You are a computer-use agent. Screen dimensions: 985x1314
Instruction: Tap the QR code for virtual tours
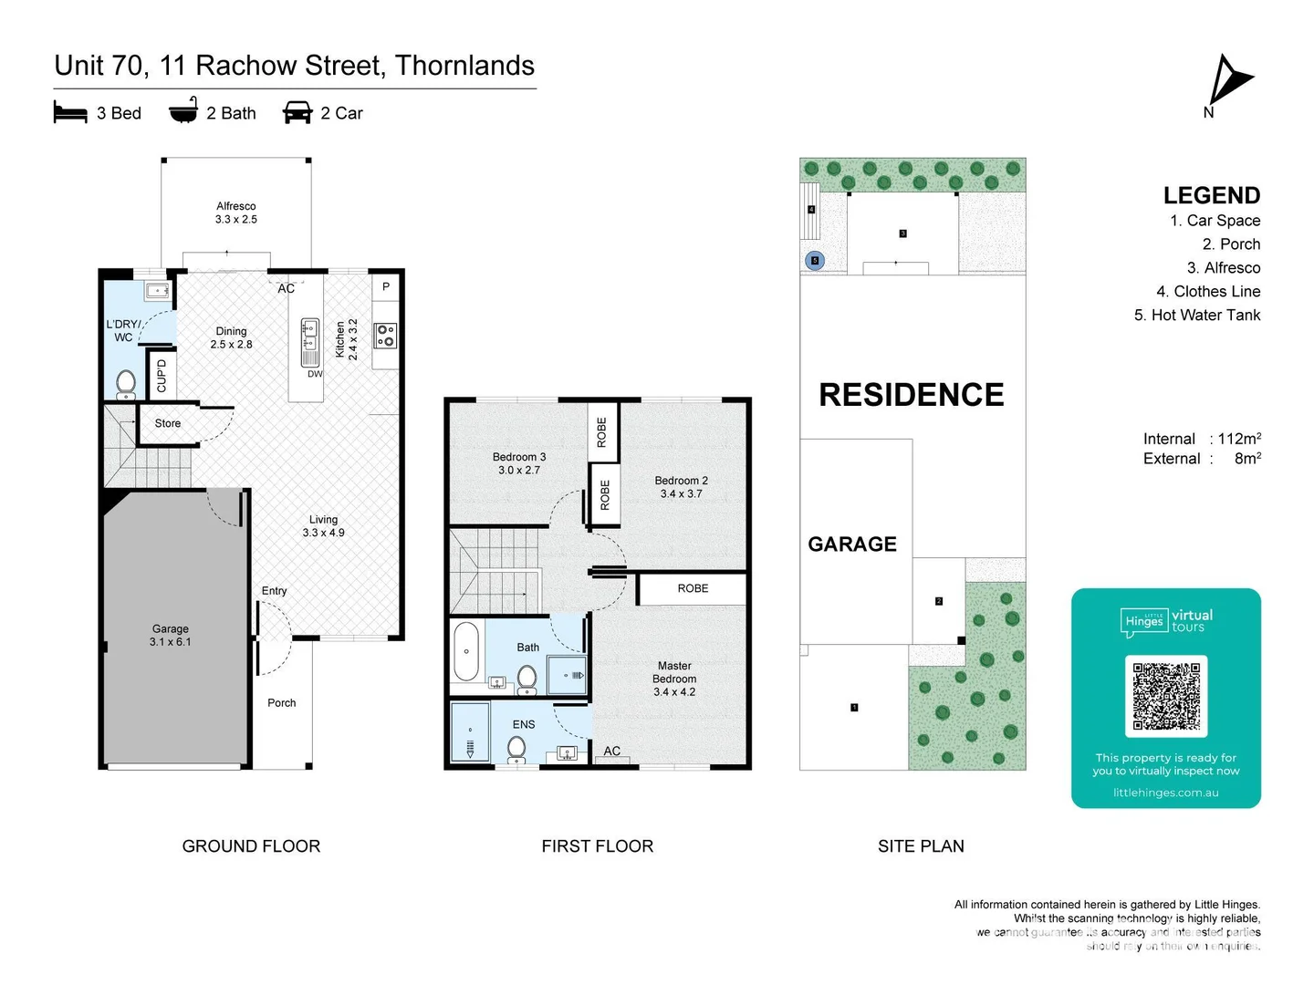[x=1166, y=696]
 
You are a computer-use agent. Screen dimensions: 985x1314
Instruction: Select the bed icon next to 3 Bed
[x=70, y=112]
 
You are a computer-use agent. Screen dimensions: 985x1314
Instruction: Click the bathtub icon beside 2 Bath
[x=183, y=110]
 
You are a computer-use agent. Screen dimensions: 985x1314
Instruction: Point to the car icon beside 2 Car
[x=297, y=112]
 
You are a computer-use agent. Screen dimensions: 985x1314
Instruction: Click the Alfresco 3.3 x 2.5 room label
[x=236, y=213]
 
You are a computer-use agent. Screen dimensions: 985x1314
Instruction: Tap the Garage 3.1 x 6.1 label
[x=171, y=635]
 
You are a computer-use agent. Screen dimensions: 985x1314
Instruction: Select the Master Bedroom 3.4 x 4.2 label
[x=674, y=679]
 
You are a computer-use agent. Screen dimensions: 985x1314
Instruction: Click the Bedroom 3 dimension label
[x=519, y=463]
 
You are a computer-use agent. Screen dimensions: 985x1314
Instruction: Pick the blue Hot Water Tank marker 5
[x=816, y=261]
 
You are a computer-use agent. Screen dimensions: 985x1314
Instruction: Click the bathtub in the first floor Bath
[x=466, y=651]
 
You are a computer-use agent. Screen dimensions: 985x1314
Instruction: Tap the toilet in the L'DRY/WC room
[x=126, y=383]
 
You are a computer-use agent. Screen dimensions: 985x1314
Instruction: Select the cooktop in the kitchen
[x=386, y=336]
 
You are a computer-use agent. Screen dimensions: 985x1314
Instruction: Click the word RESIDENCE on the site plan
[x=911, y=395]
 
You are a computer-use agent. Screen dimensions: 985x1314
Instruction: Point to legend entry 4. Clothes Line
[x=1207, y=291]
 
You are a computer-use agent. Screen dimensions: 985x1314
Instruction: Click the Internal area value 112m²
[x=1238, y=439]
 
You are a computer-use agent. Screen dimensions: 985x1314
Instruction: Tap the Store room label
[x=168, y=423]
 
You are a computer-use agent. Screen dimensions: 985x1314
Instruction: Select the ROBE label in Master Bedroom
[x=693, y=588]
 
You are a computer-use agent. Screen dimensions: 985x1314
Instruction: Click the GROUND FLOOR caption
[x=251, y=845]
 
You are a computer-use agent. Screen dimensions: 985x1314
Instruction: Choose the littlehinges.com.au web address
[x=1165, y=793]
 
